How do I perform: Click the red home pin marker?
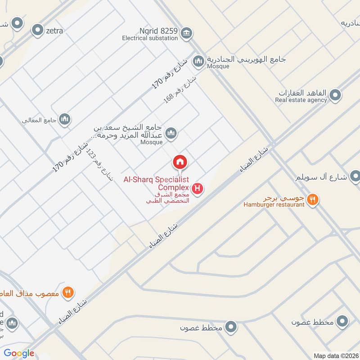point(180,162)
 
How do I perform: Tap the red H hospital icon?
point(197,189)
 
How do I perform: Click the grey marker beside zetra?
point(37,31)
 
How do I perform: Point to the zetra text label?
point(54,31)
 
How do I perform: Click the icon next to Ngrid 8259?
point(186,32)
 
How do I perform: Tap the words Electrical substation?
point(150,39)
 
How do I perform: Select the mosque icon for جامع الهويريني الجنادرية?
point(198,60)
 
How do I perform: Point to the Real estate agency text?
point(301,100)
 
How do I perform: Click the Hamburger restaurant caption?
point(274,205)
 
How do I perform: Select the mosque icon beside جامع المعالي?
point(65,119)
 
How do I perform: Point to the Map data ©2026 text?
point(335,355)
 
